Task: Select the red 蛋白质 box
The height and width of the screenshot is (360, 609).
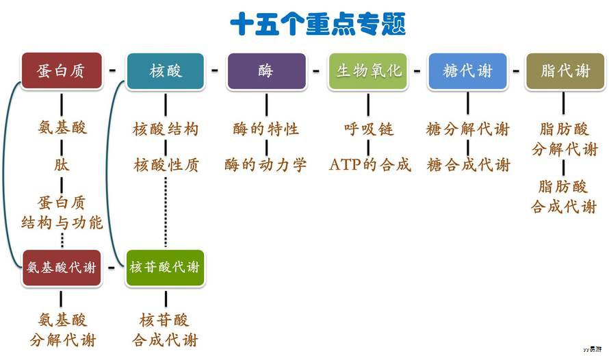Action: point(62,71)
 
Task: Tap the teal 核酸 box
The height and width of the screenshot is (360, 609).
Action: point(165,71)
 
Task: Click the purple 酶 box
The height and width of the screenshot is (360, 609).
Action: point(266,71)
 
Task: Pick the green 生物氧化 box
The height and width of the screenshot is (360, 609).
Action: point(368,71)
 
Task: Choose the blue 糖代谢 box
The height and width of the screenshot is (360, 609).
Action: point(468,71)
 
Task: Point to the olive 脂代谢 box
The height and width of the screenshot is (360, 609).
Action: point(565,71)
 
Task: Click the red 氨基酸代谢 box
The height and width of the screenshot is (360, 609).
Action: point(62,268)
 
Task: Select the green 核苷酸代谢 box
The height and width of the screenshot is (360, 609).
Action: point(165,268)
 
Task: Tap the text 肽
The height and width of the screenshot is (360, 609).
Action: point(62,165)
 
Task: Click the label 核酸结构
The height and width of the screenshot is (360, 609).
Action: point(166,129)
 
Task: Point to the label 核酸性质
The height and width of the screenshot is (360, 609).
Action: point(166,165)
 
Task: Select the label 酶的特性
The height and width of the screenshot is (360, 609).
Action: point(266,129)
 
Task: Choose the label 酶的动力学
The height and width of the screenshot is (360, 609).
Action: point(266,165)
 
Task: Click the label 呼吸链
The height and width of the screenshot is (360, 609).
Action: point(368,129)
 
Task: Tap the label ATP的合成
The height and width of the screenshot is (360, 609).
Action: point(370,165)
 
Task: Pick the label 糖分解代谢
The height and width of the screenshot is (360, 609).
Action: point(468,129)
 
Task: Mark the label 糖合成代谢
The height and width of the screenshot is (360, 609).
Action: point(468,165)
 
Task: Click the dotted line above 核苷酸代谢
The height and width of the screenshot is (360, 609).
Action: point(166,212)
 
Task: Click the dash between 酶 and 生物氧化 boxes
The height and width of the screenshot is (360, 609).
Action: point(317,70)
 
